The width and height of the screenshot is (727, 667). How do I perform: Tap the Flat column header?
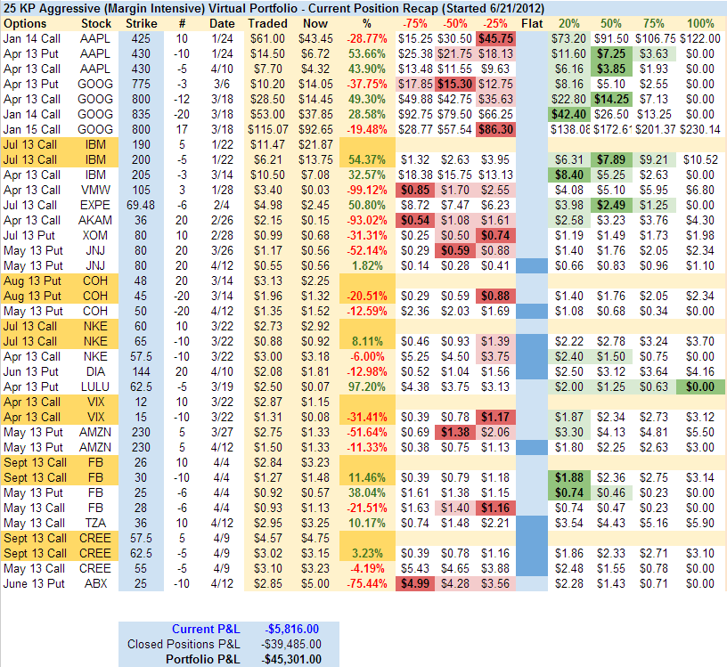(531, 22)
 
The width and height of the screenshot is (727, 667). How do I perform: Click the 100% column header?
(700, 22)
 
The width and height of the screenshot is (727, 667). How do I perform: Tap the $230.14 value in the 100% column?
(700, 128)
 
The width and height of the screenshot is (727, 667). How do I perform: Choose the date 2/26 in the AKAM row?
(223, 219)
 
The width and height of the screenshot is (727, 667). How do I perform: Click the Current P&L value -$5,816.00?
(289, 629)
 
